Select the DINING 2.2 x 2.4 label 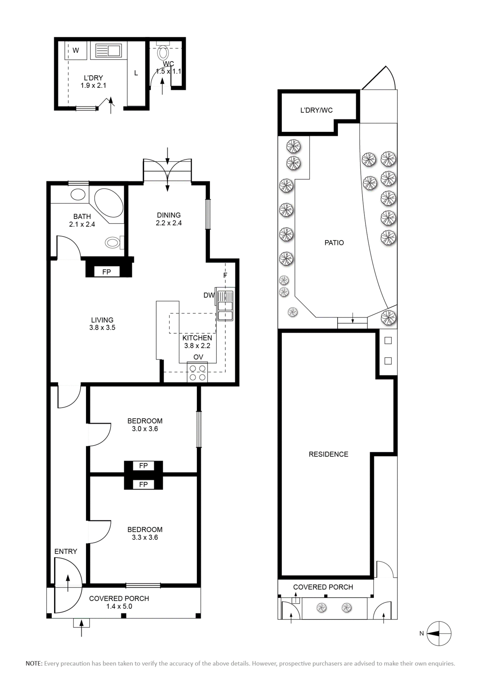tap(169, 219)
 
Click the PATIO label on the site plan tap(334, 243)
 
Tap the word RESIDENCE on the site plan tap(328, 454)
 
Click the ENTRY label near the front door tap(66, 551)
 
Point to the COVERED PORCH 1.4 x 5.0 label tap(119, 602)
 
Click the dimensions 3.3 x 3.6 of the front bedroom tap(145, 537)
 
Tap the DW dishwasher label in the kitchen tap(209, 295)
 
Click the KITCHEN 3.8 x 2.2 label tap(197, 342)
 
